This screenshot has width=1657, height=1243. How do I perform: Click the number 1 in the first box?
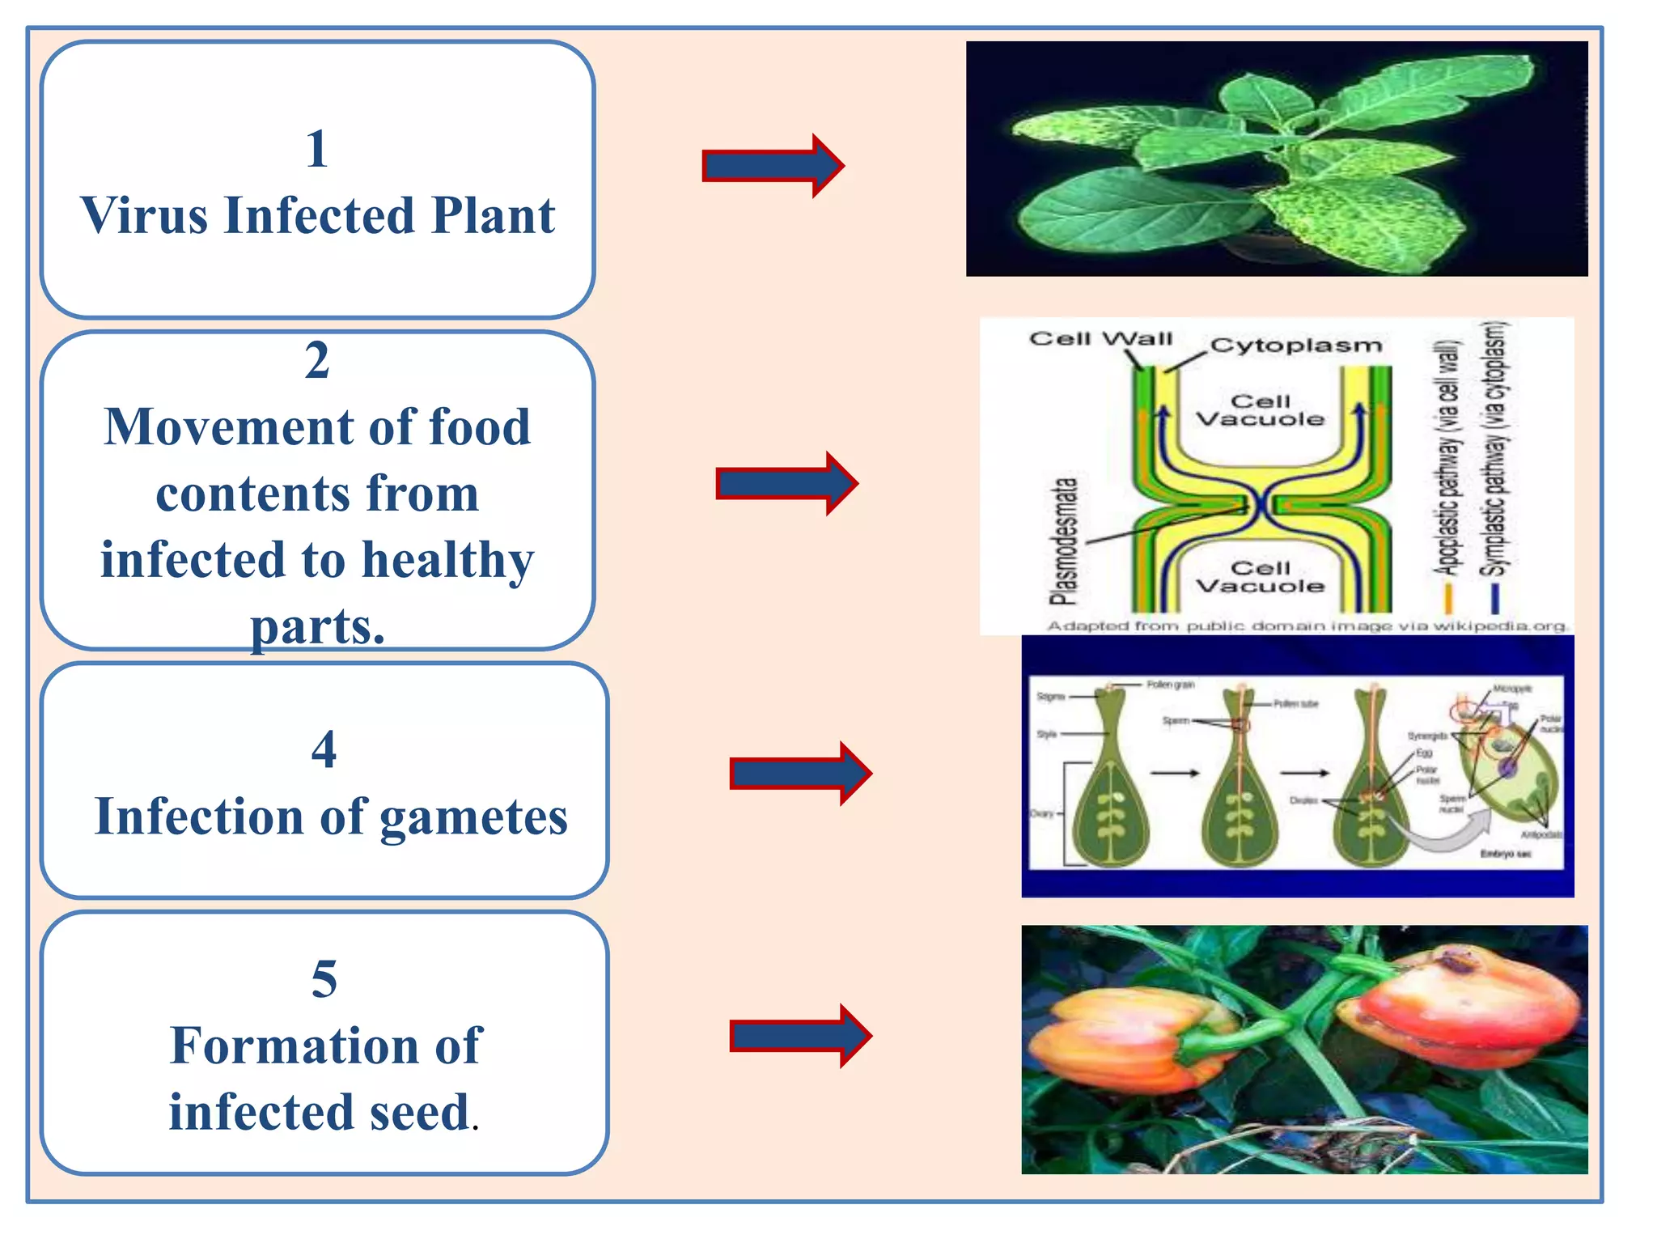(x=317, y=150)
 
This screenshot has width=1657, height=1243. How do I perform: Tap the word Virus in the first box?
(x=144, y=216)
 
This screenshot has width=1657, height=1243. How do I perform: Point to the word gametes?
(x=473, y=817)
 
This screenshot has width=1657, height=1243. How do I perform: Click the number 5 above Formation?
(x=324, y=979)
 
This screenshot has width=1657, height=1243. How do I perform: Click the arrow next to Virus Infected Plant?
(x=773, y=166)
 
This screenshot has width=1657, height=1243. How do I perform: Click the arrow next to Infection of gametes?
(x=800, y=774)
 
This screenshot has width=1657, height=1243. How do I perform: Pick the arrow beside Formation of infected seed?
(x=800, y=1036)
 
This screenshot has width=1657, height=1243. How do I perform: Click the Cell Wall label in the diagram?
(x=1100, y=338)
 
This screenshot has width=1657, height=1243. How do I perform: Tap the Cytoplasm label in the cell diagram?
(x=1295, y=346)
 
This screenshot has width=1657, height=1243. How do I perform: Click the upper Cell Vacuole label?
(x=1260, y=410)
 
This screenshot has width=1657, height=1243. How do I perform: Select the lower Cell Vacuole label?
(x=1260, y=576)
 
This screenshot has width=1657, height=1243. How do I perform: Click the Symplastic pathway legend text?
(x=1494, y=450)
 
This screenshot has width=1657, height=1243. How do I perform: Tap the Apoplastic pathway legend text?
(x=1448, y=458)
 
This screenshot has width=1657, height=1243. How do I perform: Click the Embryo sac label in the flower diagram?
(x=1505, y=854)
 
